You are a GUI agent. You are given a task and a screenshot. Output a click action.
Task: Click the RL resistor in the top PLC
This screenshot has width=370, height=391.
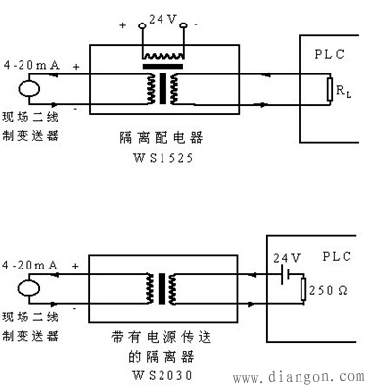tap(330, 90)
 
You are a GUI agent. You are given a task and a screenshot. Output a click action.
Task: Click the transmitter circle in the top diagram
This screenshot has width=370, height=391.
tap(26, 86)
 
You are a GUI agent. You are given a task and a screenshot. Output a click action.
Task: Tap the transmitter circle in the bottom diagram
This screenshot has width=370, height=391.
tap(26, 289)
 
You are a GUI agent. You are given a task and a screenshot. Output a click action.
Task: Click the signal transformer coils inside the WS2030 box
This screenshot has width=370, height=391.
tap(160, 288)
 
